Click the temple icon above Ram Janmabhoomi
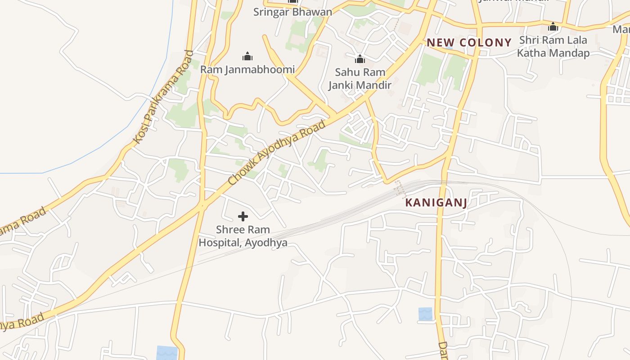(247, 56)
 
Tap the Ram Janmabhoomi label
(247, 70)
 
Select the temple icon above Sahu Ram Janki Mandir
(360, 59)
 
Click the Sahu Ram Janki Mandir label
(360, 79)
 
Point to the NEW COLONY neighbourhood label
(469, 43)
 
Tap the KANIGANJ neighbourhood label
(436, 203)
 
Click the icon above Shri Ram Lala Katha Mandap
(553, 27)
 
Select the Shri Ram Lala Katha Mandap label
(553, 47)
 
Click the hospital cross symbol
(243, 216)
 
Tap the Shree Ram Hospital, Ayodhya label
(243, 236)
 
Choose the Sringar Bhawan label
(292, 12)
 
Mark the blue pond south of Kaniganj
(425, 314)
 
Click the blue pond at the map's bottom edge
(167, 353)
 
